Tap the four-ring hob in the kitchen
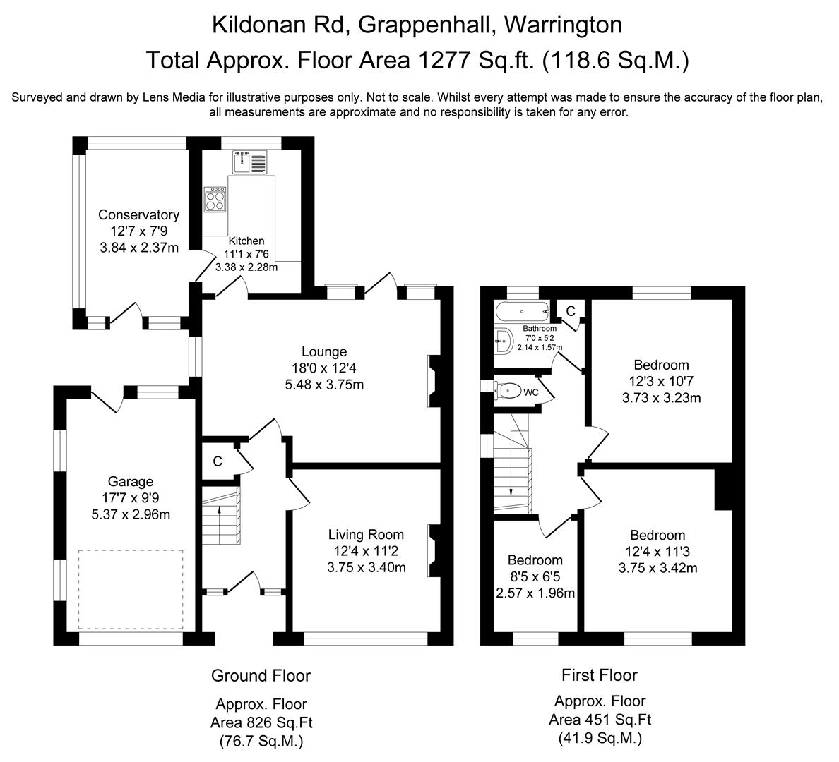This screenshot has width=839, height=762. click(215, 198)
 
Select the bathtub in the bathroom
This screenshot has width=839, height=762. click(522, 310)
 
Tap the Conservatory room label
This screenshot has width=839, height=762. click(138, 215)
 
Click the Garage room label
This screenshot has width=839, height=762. click(131, 482)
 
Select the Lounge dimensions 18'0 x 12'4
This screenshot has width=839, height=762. click(324, 368)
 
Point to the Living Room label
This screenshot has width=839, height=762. click(366, 535)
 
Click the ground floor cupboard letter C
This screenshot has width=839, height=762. click(218, 461)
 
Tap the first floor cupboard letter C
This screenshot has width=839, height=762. click(571, 310)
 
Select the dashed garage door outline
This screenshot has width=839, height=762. click(131, 589)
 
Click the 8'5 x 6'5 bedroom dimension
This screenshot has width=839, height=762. click(535, 576)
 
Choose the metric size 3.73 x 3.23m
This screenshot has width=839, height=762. click(661, 398)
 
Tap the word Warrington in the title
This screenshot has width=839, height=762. click(562, 25)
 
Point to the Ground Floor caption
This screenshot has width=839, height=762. click(261, 676)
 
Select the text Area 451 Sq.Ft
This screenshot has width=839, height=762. click(600, 720)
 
